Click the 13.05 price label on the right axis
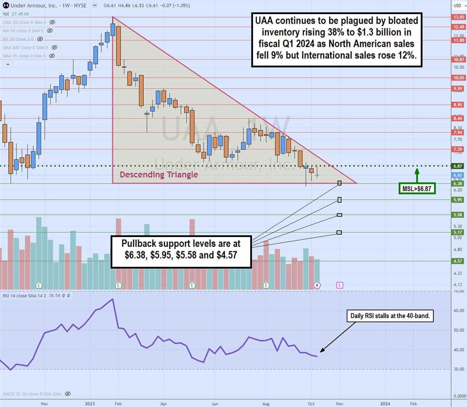pyautogui.click(x=457, y=17)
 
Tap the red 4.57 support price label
pyautogui.click(x=457, y=261)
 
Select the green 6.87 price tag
pyautogui.click(x=457, y=166)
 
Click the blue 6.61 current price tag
pyautogui.click(x=457, y=175)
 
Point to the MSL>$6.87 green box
pyautogui.click(x=417, y=189)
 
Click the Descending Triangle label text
pyautogui.click(x=159, y=175)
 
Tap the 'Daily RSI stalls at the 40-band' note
pyautogui.click(x=392, y=316)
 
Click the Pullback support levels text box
pyautogui.click(x=181, y=252)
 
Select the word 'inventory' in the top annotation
pyautogui.click(x=281, y=32)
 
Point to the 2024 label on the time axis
pyautogui.click(x=385, y=402)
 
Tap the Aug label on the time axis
pyautogui.click(x=265, y=402)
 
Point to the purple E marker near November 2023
pyautogui.click(x=340, y=284)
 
